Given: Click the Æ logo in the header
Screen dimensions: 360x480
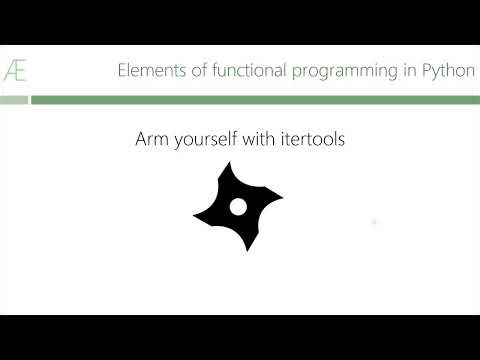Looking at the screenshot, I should coord(14,70).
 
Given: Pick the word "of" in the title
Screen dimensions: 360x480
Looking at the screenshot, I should coord(187,70).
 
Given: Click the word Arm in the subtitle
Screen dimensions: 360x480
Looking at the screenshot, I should coord(151,140).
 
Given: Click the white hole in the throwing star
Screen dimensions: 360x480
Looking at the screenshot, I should coord(238,206).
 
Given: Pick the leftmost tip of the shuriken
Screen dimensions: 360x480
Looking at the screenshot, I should coord(194,220).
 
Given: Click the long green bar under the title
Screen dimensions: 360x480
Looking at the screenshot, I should coord(255,100).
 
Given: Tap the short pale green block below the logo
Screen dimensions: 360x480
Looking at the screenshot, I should coord(13,100).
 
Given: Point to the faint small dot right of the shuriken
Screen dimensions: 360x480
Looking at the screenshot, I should coord(373,221).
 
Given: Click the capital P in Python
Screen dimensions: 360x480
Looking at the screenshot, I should coord(424,70).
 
